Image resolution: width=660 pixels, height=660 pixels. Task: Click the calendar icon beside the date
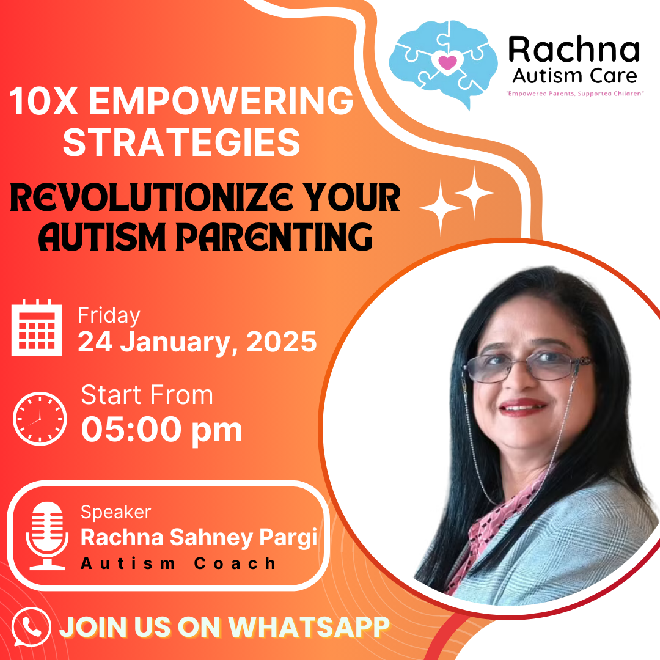click(37, 327)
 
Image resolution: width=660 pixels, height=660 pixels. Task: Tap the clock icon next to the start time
click(40, 419)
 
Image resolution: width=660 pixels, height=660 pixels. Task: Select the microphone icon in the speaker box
click(47, 535)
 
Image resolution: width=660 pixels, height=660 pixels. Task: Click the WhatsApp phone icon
click(31, 627)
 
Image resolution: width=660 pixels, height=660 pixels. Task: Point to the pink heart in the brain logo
click(447, 63)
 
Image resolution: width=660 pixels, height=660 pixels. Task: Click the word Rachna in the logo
click(574, 50)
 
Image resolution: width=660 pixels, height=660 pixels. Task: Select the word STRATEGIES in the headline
click(182, 142)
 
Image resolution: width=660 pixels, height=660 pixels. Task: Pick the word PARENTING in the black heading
click(274, 237)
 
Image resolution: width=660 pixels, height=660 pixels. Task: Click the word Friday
click(109, 316)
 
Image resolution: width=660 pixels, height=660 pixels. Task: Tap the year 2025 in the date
click(281, 342)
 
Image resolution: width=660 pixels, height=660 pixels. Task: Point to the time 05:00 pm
click(161, 430)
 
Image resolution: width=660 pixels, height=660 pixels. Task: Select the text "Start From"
click(147, 395)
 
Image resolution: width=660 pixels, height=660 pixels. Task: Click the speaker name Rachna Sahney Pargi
click(199, 538)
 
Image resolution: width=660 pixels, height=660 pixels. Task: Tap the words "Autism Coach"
click(178, 563)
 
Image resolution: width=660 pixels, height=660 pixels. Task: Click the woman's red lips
click(522, 406)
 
